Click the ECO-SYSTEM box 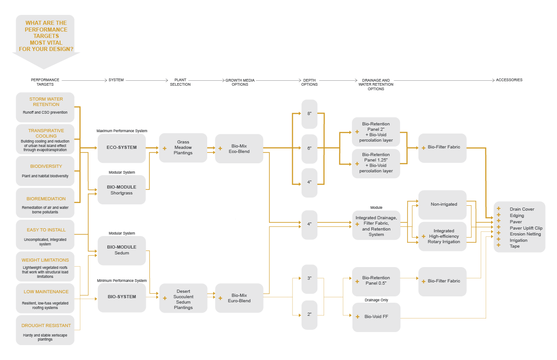(x=121, y=148)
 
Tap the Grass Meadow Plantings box (x=183, y=148)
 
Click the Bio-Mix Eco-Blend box (x=239, y=148)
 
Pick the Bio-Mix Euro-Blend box (x=239, y=298)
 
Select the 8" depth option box (x=310, y=114)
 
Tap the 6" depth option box (x=310, y=148)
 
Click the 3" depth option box (x=310, y=278)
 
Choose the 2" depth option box (x=310, y=314)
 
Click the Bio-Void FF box (x=376, y=317)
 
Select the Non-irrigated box (x=443, y=204)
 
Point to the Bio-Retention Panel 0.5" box (x=376, y=281)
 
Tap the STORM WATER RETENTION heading (x=46, y=102)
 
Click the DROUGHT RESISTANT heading (x=46, y=325)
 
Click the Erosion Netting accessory (x=525, y=234)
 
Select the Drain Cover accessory (x=522, y=209)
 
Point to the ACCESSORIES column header (x=509, y=80)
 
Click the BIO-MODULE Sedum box (x=121, y=250)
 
